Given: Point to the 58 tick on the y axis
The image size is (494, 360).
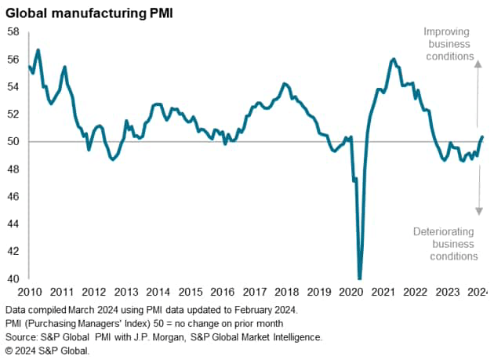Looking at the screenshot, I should (13, 32).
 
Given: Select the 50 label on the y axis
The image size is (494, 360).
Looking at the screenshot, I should (13, 142).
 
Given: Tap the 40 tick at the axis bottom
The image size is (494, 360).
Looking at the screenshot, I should (13, 279).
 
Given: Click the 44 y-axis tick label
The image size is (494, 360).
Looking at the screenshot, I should (13, 224).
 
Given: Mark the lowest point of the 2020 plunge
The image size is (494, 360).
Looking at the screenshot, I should (360, 278).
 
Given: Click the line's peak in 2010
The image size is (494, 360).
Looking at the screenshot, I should (38, 50).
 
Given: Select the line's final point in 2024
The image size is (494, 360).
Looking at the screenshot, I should (482, 137).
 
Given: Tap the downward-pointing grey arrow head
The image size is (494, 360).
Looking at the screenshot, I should (477, 210).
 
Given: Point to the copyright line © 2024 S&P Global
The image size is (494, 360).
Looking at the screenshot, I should (47, 350).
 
